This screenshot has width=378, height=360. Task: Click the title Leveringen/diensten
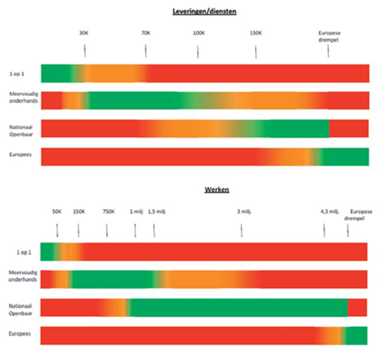point(204,11)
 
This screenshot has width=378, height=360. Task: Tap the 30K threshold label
point(84,33)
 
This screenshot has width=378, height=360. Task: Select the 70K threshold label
point(146,33)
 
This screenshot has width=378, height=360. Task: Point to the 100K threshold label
point(199,33)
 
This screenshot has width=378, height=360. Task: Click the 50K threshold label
point(57,212)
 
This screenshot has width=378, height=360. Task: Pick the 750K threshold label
point(109,212)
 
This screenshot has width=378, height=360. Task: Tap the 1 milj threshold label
point(136,212)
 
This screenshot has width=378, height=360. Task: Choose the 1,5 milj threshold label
point(157,212)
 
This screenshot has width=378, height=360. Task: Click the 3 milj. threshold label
point(242,212)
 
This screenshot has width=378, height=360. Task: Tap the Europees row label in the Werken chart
point(20,334)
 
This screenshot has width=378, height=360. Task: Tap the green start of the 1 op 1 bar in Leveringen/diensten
point(56,74)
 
